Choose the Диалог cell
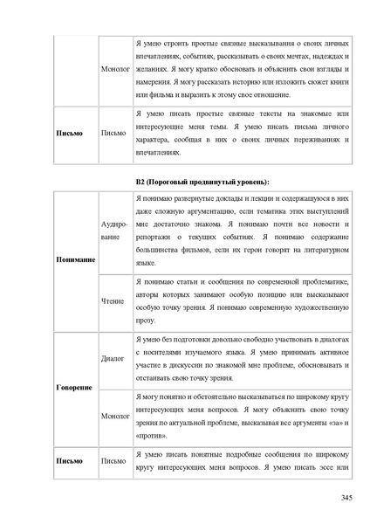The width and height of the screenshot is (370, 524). [113, 357]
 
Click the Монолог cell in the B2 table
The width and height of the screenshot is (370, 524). [115, 417]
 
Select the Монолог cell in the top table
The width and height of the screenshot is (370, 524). [115, 67]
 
